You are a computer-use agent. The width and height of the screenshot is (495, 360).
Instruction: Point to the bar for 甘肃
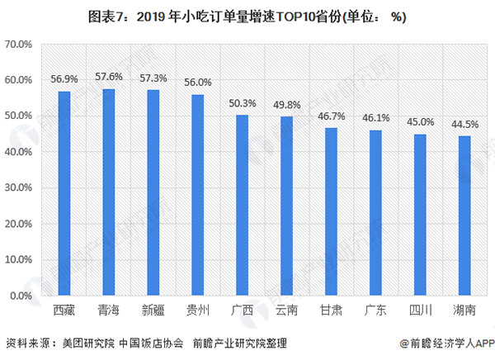click(331, 211)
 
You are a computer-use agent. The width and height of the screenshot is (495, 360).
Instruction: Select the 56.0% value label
click(197, 83)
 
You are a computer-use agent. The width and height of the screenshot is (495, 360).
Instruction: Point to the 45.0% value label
click(420, 122)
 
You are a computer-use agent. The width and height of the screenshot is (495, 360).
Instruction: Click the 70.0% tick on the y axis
click(19, 44)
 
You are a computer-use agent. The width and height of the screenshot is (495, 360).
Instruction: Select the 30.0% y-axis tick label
click(19, 187)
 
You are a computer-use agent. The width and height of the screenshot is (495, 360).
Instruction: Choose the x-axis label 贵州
click(197, 311)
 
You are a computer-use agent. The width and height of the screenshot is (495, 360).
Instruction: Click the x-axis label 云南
click(286, 311)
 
